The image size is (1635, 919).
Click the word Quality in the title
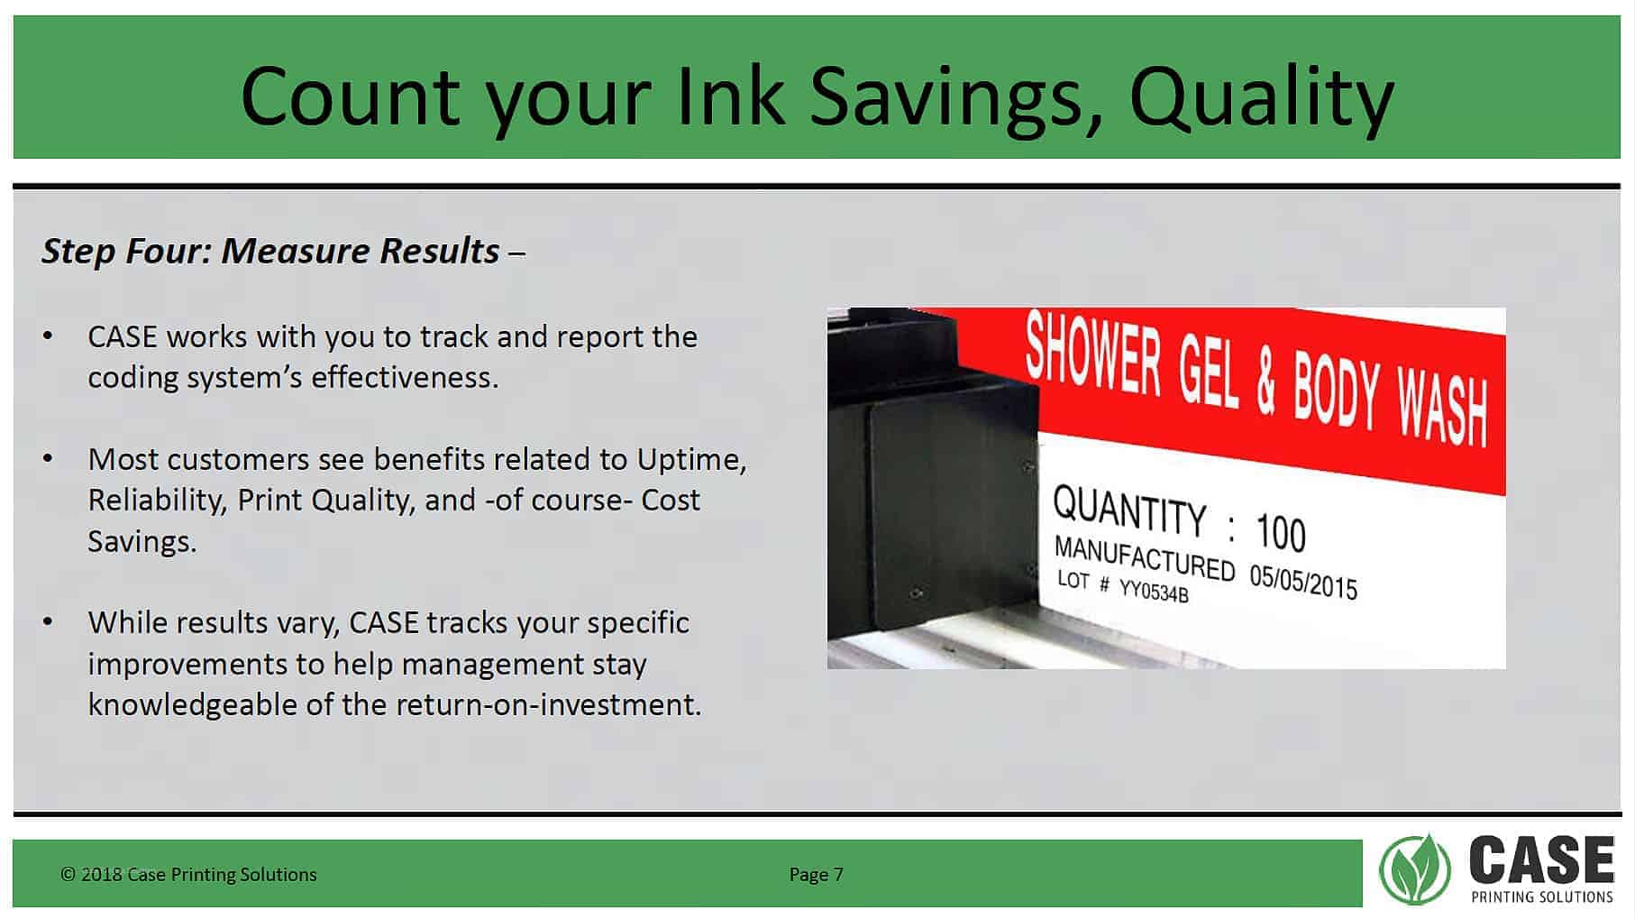click(x=1262, y=97)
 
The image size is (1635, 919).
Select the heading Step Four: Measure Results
click(x=270, y=251)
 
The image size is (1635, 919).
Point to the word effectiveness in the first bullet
click(x=405, y=377)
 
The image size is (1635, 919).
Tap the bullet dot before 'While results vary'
click(x=48, y=622)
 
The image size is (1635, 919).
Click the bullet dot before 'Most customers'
click(x=48, y=459)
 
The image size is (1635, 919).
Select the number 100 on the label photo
click(x=1280, y=531)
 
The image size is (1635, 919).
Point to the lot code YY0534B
click(x=1154, y=591)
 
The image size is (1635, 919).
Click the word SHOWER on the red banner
click(x=1092, y=354)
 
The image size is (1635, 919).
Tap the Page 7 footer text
click(x=816, y=874)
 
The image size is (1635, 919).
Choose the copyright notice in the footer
click(x=188, y=874)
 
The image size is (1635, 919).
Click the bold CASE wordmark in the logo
click(x=1542, y=859)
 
